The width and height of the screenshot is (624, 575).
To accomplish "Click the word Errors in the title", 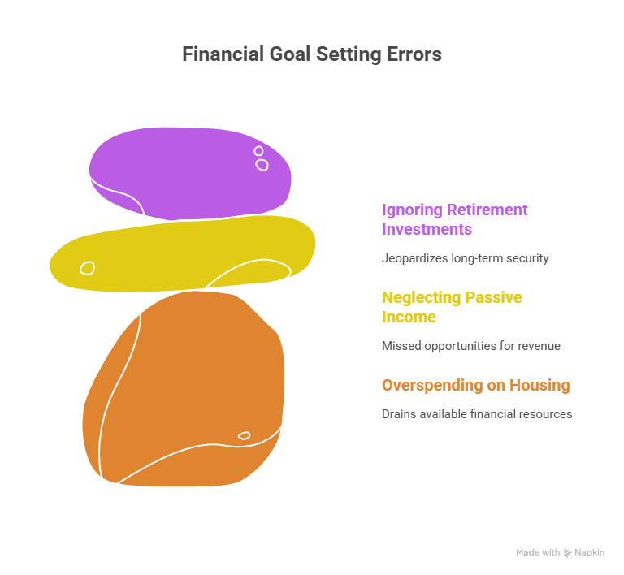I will point(415,54).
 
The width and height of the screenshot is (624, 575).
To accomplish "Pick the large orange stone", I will point(187,390).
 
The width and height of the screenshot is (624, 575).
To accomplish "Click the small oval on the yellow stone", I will point(87,267).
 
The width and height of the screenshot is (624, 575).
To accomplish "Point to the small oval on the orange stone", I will point(244,436).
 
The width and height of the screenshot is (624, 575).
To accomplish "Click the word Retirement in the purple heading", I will point(487,210).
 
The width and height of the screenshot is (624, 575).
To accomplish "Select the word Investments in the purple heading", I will point(427,229).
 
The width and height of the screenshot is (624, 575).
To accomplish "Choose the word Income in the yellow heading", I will point(409,317).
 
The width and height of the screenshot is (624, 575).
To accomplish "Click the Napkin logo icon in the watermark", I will point(568,552).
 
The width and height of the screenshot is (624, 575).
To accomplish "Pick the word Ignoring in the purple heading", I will point(412,210).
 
